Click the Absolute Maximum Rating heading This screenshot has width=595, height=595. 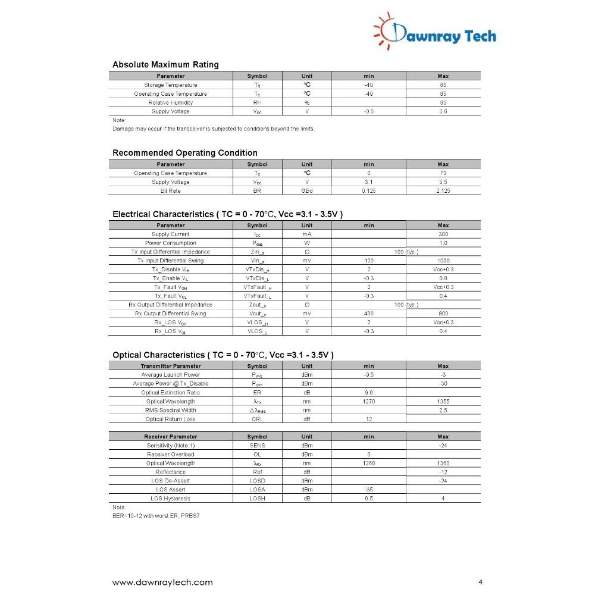click(x=165, y=64)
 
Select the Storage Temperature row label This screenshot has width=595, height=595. click(x=170, y=85)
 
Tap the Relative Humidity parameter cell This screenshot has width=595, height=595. click(x=170, y=102)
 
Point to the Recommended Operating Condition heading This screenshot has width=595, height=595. click(x=184, y=153)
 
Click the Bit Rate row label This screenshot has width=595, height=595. click(x=170, y=191)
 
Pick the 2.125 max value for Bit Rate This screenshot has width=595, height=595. click(x=443, y=191)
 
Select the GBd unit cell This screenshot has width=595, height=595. click(x=306, y=191)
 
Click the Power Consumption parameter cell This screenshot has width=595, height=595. click(x=170, y=243)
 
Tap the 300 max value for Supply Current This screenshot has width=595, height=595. click(x=443, y=234)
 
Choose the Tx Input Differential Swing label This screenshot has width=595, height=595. click(x=170, y=261)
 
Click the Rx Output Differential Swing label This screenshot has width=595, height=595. click(x=170, y=314)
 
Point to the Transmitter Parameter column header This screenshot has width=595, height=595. click(x=170, y=366)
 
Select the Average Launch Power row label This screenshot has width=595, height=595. click(x=170, y=375)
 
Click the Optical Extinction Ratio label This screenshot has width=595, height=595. click(x=170, y=393)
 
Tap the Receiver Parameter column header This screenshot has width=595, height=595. click(x=170, y=437)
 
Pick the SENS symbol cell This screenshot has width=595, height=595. click(x=257, y=446)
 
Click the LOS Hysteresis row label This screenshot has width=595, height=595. click(x=170, y=499)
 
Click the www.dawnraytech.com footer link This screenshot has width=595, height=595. click(x=162, y=582)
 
